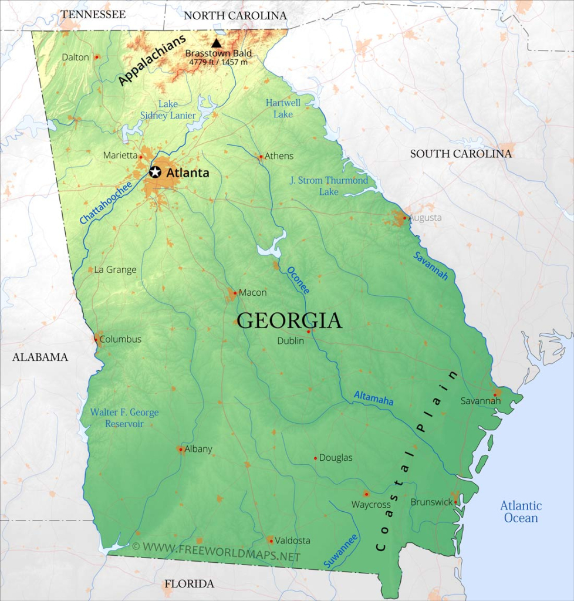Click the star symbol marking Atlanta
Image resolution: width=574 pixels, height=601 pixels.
[155, 172]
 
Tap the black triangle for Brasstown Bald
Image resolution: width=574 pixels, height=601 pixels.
[217, 43]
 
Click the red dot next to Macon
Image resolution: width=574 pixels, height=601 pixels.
[235, 292]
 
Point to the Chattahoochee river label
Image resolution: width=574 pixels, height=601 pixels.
[106, 202]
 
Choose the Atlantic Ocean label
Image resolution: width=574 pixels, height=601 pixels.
[521, 512]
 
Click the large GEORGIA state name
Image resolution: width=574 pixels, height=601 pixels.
[289, 321]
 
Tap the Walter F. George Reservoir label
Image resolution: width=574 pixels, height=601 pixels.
[124, 418]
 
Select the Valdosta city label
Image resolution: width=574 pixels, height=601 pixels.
[293, 540]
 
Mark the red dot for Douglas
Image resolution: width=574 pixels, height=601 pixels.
[315, 458]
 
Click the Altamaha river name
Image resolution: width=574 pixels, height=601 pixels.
[373, 398]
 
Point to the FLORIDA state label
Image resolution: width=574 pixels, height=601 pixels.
[189, 583]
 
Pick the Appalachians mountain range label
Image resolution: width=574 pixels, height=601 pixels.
[152, 60]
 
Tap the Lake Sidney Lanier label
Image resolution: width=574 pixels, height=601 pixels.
[168, 110]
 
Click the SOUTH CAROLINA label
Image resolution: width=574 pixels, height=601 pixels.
[461, 154]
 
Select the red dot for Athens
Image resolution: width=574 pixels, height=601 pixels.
[261, 157]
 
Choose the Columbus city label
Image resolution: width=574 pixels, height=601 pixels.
[120, 339]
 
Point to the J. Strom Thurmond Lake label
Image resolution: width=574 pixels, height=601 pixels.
[329, 185]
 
